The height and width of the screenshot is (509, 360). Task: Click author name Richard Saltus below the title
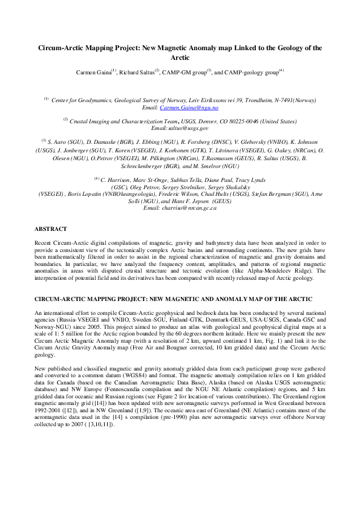point(138,72)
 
